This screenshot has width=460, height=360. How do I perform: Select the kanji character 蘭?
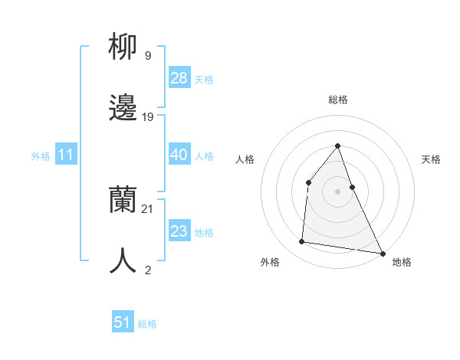point(123,201)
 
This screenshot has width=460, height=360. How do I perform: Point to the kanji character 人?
point(123,260)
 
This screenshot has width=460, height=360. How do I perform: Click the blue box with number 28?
point(179,78)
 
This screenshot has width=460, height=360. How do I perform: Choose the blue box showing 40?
point(179,155)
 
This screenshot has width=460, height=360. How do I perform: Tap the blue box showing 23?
point(179,231)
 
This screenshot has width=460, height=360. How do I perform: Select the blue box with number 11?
point(66,155)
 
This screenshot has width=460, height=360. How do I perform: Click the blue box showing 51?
point(123,322)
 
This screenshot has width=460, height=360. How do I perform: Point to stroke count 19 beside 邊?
point(148,117)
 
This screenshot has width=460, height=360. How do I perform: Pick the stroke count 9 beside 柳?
point(147,56)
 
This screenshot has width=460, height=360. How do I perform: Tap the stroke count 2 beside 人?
point(147,270)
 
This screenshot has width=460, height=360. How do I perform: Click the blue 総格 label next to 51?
point(147,324)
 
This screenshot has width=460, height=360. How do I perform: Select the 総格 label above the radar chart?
point(337,100)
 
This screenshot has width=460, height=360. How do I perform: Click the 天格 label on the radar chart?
point(432,159)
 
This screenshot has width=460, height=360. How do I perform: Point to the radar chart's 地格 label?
point(402,262)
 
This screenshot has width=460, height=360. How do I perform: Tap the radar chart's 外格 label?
point(270,262)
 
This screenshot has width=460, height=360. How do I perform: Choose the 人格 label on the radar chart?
point(245,159)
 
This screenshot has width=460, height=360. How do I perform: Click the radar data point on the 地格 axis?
point(382,253)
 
